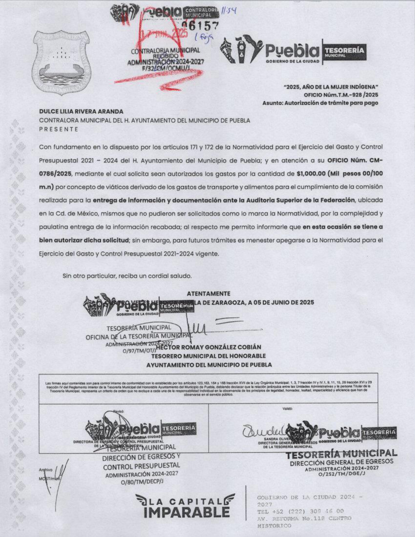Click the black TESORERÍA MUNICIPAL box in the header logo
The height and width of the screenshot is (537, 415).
(x=343, y=52)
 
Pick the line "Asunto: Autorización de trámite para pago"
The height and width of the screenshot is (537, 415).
(x=320, y=103)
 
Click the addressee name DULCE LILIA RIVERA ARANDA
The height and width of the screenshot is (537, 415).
(x=81, y=111)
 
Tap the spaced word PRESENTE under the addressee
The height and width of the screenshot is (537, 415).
(x=59, y=129)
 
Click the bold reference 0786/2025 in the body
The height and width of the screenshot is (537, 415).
(x=56, y=173)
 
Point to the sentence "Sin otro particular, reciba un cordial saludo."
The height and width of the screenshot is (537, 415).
(x=127, y=276)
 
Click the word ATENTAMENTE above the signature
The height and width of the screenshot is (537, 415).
(x=208, y=294)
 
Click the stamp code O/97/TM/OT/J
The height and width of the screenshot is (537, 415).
(x=139, y=351)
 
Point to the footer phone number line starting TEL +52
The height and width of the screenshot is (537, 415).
(x=300, y=511)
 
